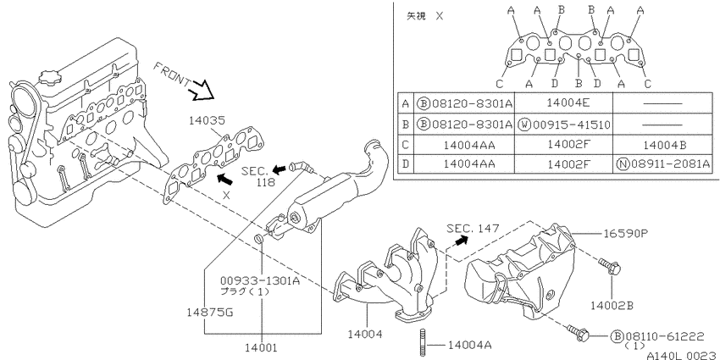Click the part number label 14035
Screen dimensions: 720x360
(207, 121)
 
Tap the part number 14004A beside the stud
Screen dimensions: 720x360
(470, 345)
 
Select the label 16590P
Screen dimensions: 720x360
(625, 233)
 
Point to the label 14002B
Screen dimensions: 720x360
(612, 305)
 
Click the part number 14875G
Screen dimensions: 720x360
(210, 313)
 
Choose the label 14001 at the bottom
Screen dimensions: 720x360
(262, 347)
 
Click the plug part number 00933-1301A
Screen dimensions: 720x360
(259, 280)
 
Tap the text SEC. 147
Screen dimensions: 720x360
(473, 228)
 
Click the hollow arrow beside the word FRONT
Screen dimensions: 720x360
(202, 90)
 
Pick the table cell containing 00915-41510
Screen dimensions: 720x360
(564, 125)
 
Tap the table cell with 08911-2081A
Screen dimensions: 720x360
(663, 163)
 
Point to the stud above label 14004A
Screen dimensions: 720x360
(423, 342)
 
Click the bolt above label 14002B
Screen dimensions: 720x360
(610, 265)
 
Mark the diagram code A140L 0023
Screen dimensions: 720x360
(683, 356)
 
